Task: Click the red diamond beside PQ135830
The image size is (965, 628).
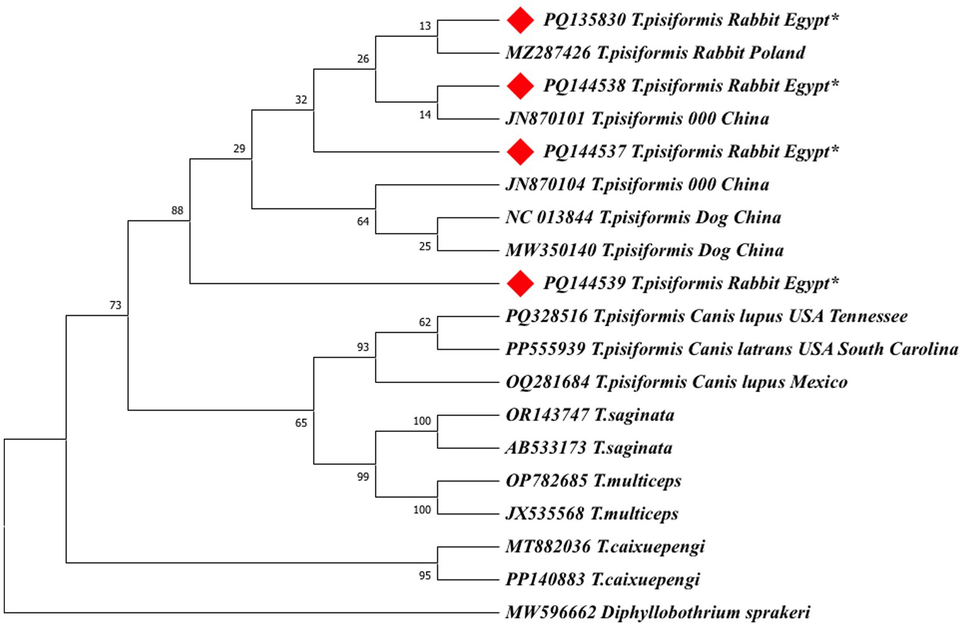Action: point(520,20)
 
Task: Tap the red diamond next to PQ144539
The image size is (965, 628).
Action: point(520,283)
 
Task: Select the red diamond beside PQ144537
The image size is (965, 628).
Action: point(520,152)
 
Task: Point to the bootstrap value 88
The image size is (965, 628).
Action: point(177,210)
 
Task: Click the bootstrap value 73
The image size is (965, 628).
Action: point(115,305)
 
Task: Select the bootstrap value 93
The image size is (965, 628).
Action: point(363,347)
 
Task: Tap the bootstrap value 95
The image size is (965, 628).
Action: point(425,575)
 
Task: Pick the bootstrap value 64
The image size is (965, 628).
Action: point(363,221)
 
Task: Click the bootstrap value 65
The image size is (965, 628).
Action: point(301,423)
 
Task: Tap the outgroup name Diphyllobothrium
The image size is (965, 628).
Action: point(670,612)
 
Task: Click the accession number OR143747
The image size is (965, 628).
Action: point(547,415)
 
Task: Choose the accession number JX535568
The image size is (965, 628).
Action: point(545,514)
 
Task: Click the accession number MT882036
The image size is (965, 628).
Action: point(548,546)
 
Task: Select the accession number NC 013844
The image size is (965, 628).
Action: point(549,217)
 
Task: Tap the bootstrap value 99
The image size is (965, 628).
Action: point(363,477)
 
